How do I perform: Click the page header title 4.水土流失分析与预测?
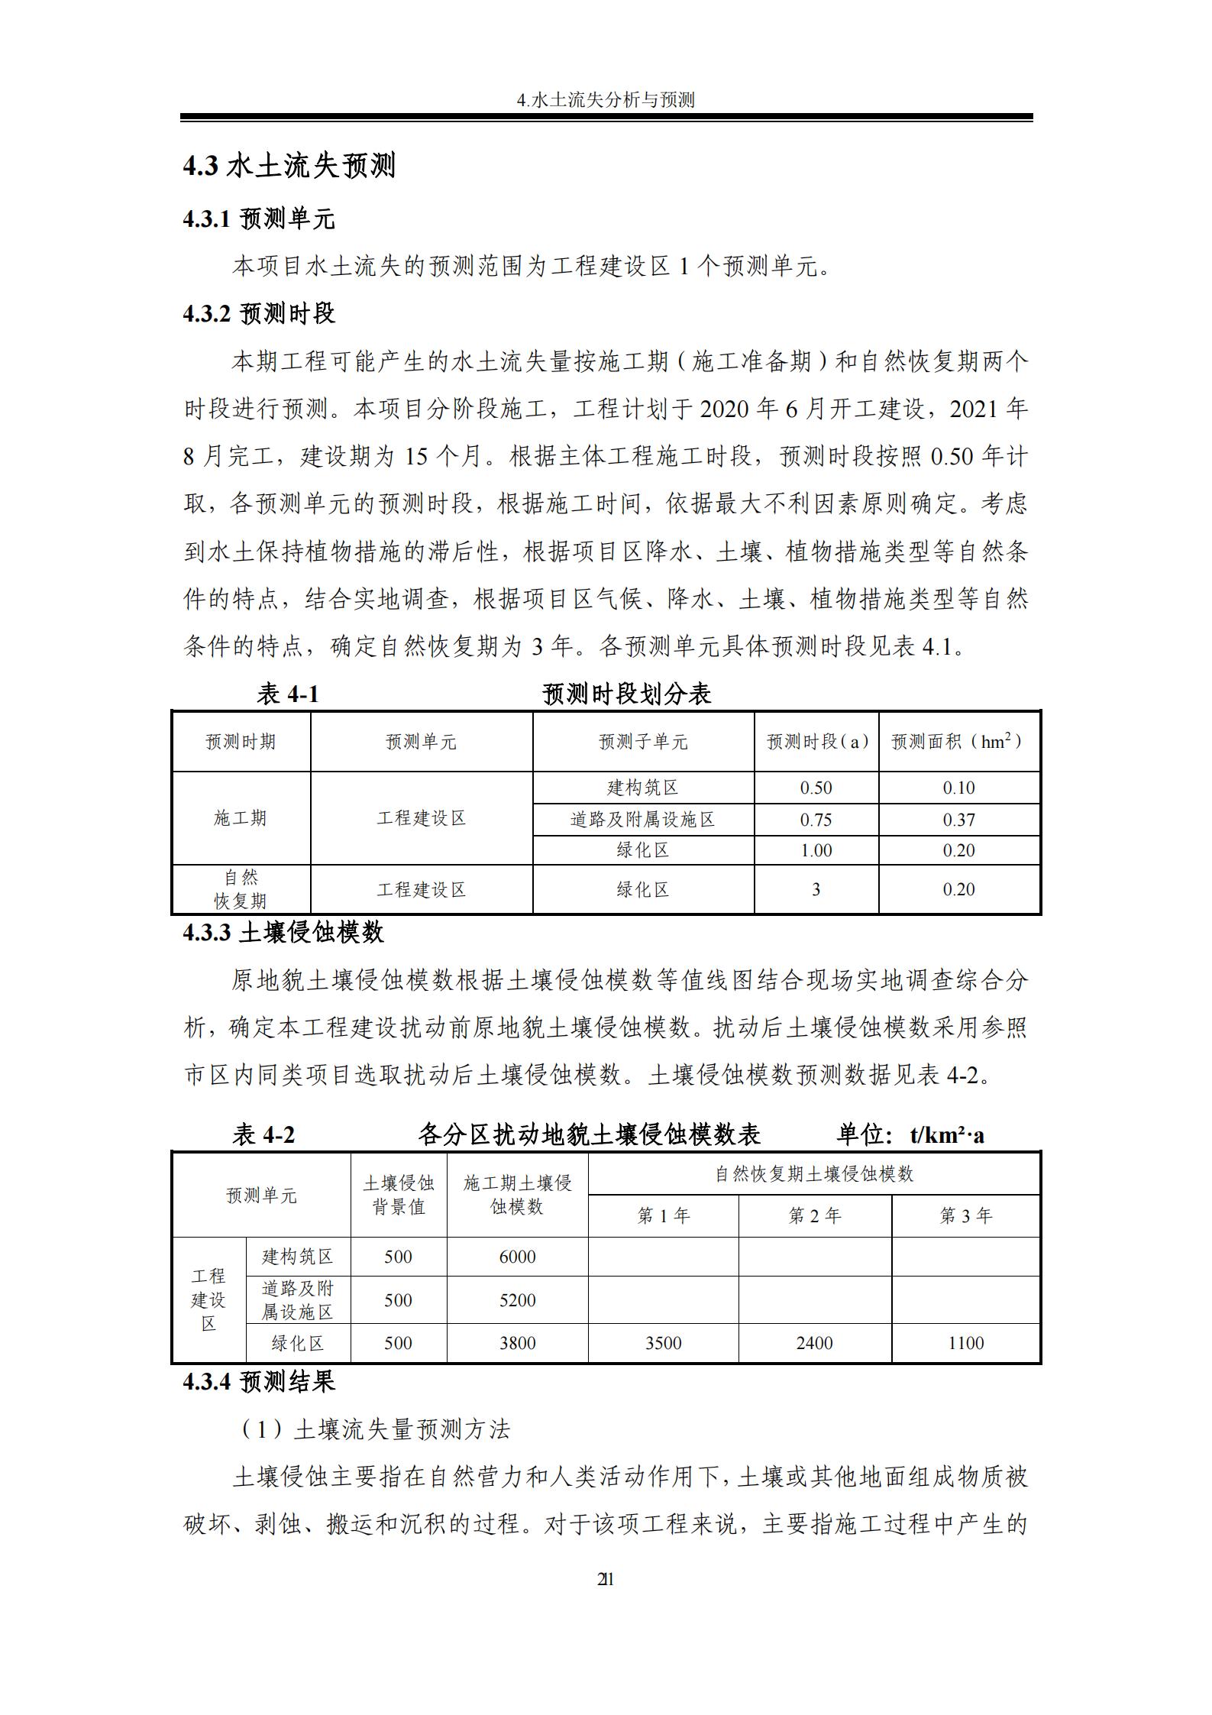606,100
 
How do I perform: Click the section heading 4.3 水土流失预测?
289,166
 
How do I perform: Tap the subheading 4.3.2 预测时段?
259,313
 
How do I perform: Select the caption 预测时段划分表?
626,694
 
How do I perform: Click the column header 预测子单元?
643,742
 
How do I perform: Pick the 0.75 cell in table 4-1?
816,820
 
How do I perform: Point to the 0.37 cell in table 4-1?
958,820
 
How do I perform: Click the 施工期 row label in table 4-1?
241,818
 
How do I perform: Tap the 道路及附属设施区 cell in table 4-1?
643,820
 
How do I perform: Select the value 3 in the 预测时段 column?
816,889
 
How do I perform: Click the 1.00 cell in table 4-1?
816,850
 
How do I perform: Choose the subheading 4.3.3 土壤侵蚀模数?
283,932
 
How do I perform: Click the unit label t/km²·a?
947,1135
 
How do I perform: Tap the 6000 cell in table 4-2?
517,1257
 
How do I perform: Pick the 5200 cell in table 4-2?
517,1300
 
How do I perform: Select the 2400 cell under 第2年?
814,1343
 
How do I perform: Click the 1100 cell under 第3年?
965,1343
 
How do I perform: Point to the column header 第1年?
663,1215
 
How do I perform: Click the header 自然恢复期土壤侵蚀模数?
814,1174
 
